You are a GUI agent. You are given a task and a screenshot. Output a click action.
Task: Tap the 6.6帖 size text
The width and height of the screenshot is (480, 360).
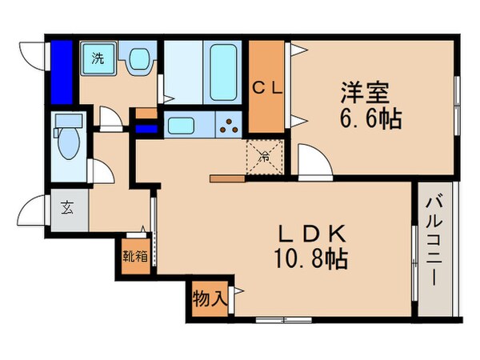click(370, 120)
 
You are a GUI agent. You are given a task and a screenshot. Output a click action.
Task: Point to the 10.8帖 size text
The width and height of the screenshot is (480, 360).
click(307, 259)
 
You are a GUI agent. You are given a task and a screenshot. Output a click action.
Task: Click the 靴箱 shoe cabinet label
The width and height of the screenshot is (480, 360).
click(134, 258)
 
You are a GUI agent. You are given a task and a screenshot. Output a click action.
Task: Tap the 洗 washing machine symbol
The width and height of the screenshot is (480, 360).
click(98, 58)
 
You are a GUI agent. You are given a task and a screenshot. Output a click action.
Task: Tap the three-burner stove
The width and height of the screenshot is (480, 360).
click(230, 126)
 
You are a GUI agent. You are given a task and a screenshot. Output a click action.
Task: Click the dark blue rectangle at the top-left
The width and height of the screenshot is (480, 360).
click(62, 73)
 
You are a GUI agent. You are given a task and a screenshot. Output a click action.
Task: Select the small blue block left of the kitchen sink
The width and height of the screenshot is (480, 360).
click(146, 127)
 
